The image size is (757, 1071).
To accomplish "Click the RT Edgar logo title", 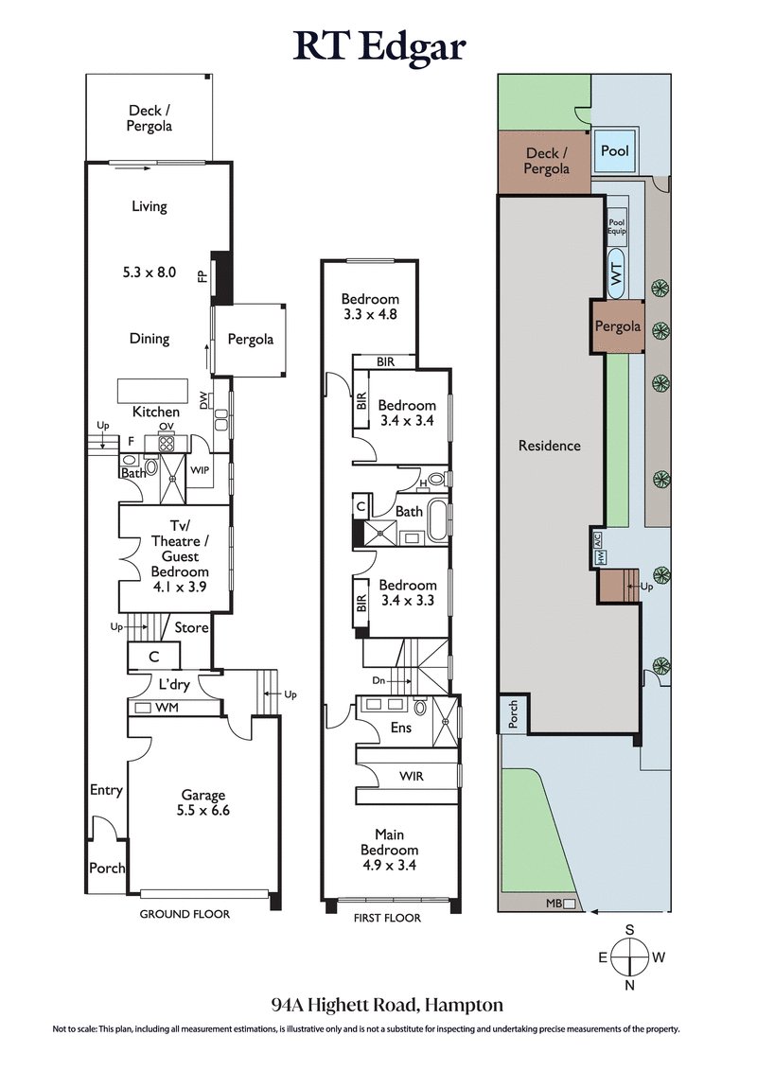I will (378, 44).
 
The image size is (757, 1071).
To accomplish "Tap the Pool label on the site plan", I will (615, 151).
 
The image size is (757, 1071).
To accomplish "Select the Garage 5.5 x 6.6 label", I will (204, 802).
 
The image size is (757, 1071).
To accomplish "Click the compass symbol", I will (630, 957).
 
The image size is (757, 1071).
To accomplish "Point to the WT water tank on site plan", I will (616, 275).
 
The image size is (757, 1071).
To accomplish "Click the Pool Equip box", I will (617, 227).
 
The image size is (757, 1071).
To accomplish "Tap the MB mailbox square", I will (569, 904).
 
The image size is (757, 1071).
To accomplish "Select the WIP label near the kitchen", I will (200, 469).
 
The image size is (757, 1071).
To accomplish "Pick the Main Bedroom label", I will (389, 849).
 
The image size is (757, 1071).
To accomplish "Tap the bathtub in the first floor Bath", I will (437, 522).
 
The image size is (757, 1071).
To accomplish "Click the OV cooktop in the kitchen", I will (166, 443).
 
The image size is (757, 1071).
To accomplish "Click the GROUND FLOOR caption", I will (185, 914).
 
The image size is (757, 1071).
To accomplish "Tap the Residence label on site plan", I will (549, 445).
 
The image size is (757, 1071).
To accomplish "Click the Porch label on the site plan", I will (512, 713).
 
